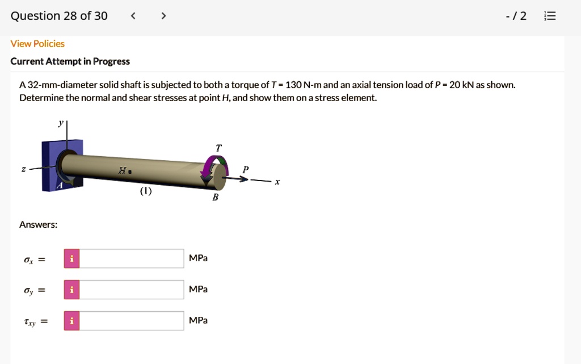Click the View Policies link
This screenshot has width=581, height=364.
(37, 44)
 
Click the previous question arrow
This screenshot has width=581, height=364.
(133, 16)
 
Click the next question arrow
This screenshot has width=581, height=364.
(163, 16)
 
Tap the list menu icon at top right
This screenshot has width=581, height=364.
(550, 16)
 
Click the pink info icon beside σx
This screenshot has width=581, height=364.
(71, 258)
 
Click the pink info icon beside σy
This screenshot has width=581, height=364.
(71, 290)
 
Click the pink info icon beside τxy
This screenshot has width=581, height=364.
(71, 321)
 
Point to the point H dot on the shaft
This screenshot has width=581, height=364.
(130, 170)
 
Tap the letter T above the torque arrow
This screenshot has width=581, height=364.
(219, 148)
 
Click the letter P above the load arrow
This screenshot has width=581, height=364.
(245, 169)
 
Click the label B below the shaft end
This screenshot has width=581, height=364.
(215, 197)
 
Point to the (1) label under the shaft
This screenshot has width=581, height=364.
(146, 191)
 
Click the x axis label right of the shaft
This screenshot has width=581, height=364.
(277, 182)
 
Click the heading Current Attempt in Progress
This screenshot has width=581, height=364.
(70, 61)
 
